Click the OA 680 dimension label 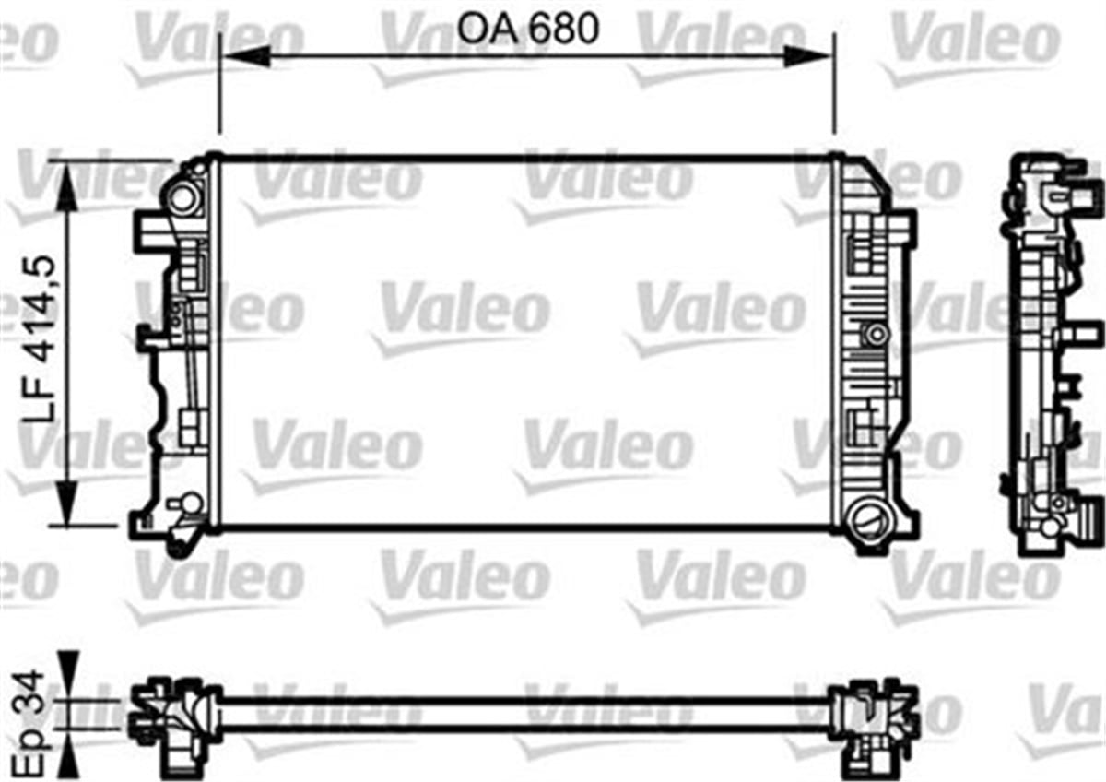[x=528, y=30]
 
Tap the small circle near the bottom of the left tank [x=191, y=503]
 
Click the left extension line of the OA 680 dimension [x=219, y=83]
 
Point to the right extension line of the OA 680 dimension [x=834, y=83]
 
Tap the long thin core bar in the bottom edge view [x=525, y=712]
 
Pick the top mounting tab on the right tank [x=905, y=230]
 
